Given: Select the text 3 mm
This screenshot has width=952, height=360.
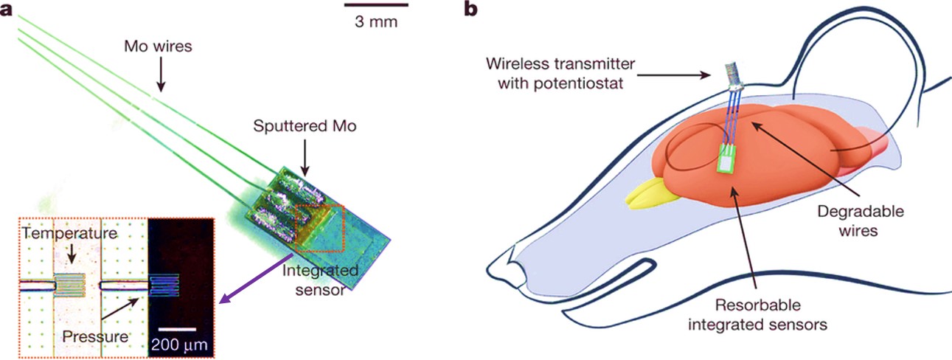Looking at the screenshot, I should pyautogui.click(x=376, y=21).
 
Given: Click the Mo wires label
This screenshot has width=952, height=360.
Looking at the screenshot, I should pyautogui.click(x=159, y=46).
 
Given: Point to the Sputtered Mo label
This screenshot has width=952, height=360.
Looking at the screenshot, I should pyautogui.click(x=305, y=126).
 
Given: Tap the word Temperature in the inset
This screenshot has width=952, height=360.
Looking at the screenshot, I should pyautogui.click(x=69, y=234).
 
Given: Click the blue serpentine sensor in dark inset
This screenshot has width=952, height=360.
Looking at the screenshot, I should pyautogui.click(x=164, y=284).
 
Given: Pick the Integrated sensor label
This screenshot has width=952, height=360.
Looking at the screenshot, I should pyautogui.click(x=322, y=280).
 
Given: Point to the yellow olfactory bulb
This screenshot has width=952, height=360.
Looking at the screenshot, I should pyautogui.click(x=649, y=190).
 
